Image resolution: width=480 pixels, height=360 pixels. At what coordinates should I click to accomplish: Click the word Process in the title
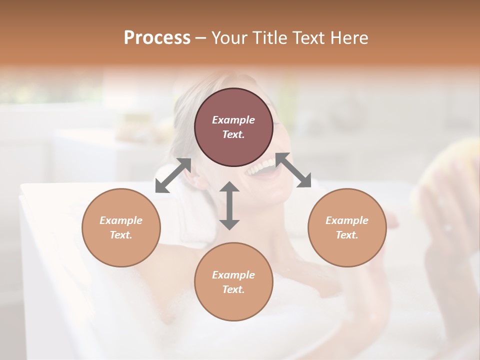tap(157, 37)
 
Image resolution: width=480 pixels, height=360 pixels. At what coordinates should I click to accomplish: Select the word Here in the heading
tap(348, 37)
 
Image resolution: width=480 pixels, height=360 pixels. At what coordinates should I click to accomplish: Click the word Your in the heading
tap(228, 37)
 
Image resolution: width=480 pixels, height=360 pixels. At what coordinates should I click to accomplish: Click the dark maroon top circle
tap(233, 102)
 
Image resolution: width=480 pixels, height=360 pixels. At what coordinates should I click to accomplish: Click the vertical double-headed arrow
tap(229, 205)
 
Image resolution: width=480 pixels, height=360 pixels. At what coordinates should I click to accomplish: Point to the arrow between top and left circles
tap(173, 175)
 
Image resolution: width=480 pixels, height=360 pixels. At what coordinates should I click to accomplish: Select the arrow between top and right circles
tap(293, 170)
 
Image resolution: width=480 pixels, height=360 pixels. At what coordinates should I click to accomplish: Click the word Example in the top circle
tap(233, 120)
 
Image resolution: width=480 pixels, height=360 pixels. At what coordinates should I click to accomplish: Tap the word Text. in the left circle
tap(121, 235)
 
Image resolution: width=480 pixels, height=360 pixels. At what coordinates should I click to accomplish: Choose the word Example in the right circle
tap(347, 220)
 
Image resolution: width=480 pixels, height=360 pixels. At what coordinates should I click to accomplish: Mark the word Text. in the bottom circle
tap(233, 289)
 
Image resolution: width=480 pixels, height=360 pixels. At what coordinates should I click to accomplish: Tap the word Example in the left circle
tap(121, 220)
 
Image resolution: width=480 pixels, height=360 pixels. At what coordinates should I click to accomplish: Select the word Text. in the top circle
tap(233, 134)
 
